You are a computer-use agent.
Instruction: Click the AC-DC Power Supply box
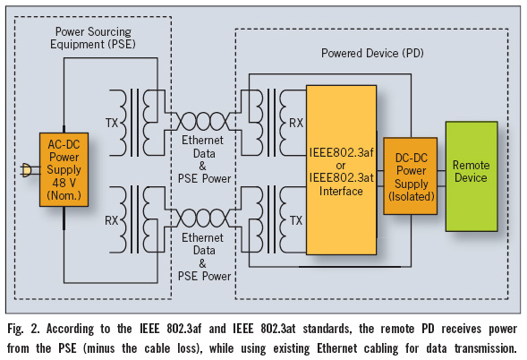[x=64, y=169]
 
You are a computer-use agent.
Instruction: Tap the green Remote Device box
[x=472, y=176]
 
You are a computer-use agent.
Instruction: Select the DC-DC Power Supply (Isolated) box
[x=411, y=176]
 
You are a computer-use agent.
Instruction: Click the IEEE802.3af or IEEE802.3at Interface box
[x=341, y=170]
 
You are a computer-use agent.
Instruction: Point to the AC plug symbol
[x=26, y=170]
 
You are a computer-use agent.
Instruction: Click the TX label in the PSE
[x=112, y=123]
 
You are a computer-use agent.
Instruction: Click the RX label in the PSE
[x=112, y=220]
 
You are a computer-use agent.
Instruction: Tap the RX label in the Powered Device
[x=296, y=123]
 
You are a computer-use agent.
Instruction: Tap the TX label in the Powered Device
[x=296, y=220]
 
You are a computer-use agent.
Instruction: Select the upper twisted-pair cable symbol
[x=203, y=121]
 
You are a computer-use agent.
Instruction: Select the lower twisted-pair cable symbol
[x=203, y=218]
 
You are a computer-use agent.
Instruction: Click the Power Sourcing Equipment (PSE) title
[x=93, y=38]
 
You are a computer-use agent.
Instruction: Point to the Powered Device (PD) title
[x=372, y=53]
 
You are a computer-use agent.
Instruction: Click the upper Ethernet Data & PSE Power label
[x=204, y=159]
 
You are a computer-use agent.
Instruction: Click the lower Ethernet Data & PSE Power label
[x=204, y=257]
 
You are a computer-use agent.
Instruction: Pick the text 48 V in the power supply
[x=64, y=183]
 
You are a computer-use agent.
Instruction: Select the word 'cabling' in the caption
[x=378, y=348]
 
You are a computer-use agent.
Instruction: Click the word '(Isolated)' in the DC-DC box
[x=412, y=196]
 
